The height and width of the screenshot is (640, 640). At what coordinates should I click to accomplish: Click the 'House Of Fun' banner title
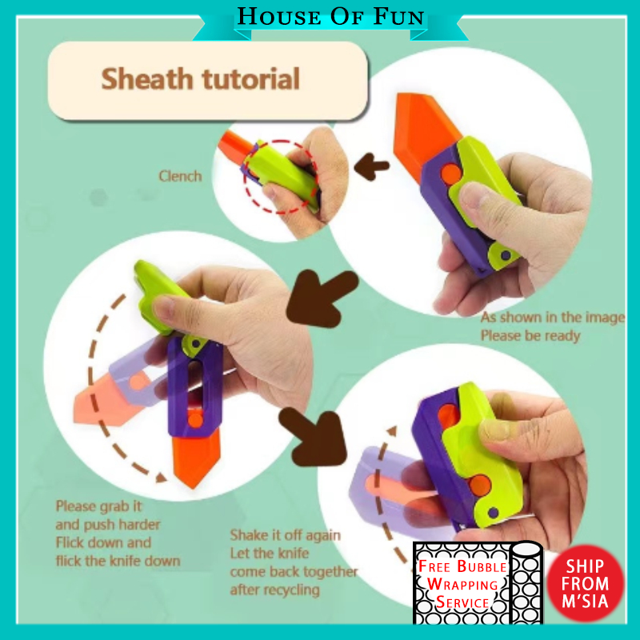pyautogui.click(x=330, y=16)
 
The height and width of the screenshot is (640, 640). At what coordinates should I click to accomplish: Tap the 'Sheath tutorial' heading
pyautogui.click(x=201, y=78)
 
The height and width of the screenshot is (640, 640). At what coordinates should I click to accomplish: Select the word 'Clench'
pyautogui.click(x=180, y=176)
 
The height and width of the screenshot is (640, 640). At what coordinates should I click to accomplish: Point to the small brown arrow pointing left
pyautogui.click(x=371, y=166)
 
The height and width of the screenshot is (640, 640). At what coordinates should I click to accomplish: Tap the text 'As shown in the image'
pyautogui.click(x=553, y=317)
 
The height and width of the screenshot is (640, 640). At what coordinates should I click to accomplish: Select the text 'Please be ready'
pyautogui.click(x=530, y=335)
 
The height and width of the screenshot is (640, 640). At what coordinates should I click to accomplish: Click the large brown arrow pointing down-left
pyautogui.click(x=321, y=297)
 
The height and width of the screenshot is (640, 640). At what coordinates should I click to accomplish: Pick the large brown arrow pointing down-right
pyautogui.click(x=314, y=437)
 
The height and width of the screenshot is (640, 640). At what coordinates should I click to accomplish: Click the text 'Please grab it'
pyautogui.click(x=98, y=506)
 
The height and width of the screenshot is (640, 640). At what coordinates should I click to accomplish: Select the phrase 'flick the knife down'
pyautogui.click(x=118, y=561)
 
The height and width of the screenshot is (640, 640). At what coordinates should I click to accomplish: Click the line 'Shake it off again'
pyautogui.click(x=286, y=535)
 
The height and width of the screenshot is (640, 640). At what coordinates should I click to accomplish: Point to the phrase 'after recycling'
pyautogui.click(x=274, y=590)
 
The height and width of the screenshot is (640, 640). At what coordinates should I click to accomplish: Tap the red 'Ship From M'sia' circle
pyautogui.click(x=586, y=583)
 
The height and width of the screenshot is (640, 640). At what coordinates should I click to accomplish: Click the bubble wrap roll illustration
pyautogui.click(x=527, y=583)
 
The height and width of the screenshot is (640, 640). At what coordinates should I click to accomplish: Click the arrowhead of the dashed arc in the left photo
pyautogui.click(x=162, y=477)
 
